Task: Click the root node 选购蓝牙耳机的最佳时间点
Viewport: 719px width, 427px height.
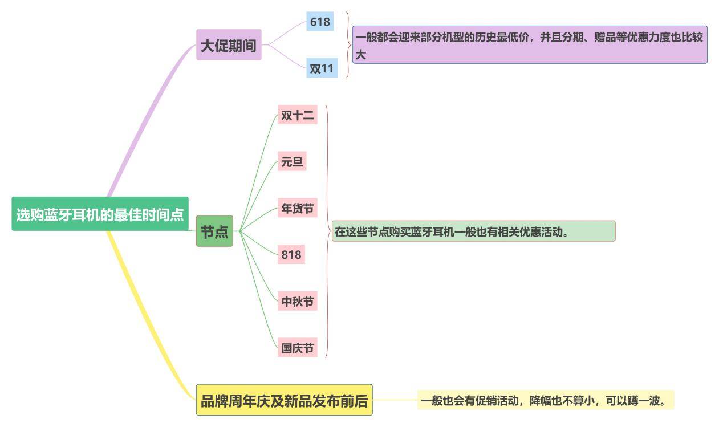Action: point(100,214)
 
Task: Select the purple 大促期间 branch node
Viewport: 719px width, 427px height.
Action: point(229,45)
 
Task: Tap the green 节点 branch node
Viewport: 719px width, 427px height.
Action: point(214,231)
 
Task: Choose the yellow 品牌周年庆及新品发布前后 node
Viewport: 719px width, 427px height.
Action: point(284,400)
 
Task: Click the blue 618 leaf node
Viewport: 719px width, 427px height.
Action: point(319,22)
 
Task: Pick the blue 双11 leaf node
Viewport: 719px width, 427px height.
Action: point(322,68)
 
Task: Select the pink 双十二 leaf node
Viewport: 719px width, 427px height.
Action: point(297,115)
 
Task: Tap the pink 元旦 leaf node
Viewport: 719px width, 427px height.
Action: point(292,162)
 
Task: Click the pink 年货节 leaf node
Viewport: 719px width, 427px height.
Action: point(297,208)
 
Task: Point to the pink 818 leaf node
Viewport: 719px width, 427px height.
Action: point(291,254)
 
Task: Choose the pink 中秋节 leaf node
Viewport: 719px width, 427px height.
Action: point(297,301)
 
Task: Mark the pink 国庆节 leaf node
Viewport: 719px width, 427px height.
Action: point(297,347)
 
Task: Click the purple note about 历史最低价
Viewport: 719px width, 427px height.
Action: point(529,44)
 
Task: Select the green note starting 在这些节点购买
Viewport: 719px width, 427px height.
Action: point(473,231)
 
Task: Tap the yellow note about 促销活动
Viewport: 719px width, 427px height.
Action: point(545,400)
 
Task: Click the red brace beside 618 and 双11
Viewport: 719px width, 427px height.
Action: point(348,44)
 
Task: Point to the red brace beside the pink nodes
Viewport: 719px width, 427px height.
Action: point(328,231)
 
